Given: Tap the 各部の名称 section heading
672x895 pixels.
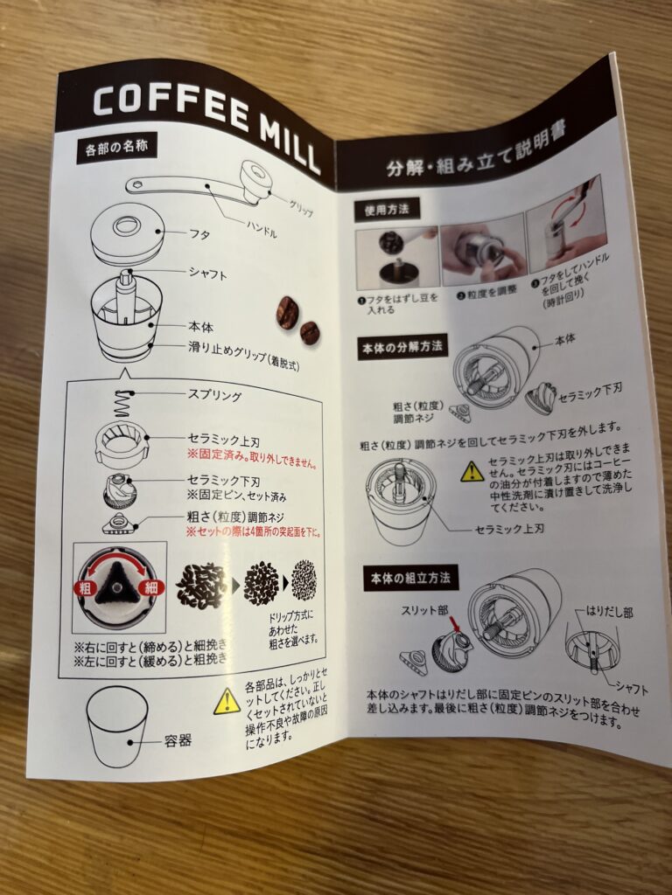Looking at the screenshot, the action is click(116, 149).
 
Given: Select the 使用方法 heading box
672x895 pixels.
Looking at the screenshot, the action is click(387, 210).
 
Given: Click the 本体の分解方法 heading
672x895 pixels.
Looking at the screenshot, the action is click(402, 347).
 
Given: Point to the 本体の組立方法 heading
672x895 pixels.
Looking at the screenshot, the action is click(410, 579).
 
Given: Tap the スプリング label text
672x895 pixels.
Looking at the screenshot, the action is click(215, 395).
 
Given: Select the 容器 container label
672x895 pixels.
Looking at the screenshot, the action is click(178, 741).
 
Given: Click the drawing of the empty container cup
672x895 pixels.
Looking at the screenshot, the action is click(117, 725).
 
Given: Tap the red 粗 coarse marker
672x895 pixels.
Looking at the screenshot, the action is click(86, 588).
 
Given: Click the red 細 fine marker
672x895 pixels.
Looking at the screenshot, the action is click(151, 586).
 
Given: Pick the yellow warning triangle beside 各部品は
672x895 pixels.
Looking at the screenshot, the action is click(227, 702).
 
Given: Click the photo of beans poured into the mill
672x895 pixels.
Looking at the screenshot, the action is click(396, 259).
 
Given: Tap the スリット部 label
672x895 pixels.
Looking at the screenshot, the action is click(424, 611).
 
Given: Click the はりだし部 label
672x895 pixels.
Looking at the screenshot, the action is click(610, 613).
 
